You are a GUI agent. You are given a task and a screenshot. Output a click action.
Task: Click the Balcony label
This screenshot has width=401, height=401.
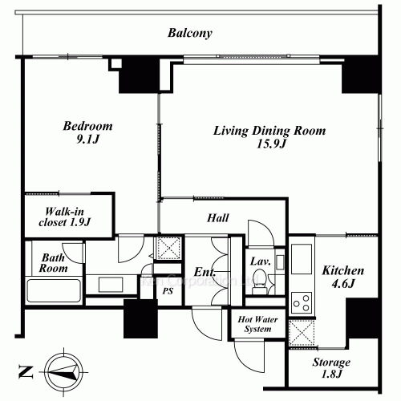[x=190, y=33]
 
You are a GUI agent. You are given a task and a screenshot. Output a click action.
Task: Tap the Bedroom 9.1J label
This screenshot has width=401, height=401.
[x=87, y=132]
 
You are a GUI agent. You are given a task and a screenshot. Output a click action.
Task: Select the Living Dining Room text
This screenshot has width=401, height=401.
[x=269, y=131]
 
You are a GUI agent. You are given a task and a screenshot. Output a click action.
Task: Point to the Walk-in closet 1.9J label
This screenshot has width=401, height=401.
[x=65, y=217]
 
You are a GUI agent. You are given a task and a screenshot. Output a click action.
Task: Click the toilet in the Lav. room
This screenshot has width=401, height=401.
[x=259, y=281]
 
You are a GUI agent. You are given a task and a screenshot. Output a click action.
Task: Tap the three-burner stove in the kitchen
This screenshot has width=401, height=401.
[x=302, y=302]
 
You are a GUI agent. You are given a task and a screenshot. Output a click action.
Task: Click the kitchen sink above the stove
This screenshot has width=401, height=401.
[x=302, y=259]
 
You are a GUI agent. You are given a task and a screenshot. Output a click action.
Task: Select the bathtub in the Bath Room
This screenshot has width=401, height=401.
[x=54, y=290]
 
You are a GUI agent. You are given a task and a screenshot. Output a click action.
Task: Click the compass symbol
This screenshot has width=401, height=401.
[x=63, y=371]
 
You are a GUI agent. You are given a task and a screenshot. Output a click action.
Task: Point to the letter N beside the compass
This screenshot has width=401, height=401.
[x=26, y=372]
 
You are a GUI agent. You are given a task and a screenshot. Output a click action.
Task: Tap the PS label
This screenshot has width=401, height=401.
[x=168, y=291]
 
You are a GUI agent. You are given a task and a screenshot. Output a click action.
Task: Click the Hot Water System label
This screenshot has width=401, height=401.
[x=257, y=324]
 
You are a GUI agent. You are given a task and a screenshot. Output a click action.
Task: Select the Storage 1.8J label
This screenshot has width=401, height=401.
[x=331, y=368]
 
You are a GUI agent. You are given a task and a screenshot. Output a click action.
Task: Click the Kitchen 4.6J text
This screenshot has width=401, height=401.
[x=343, y=277]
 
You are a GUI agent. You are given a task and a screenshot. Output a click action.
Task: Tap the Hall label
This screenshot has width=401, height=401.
[x=218, y=218]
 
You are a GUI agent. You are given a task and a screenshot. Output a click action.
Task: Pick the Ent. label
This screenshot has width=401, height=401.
[x=205, y=272]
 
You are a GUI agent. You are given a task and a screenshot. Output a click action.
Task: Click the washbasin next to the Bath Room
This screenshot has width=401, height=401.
[x=111, y=285]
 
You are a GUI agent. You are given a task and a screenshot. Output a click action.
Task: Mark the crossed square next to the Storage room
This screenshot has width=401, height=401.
[x=302, y=333]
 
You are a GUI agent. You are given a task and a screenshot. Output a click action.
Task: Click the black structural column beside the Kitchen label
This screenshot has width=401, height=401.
[x=363, y=318]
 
